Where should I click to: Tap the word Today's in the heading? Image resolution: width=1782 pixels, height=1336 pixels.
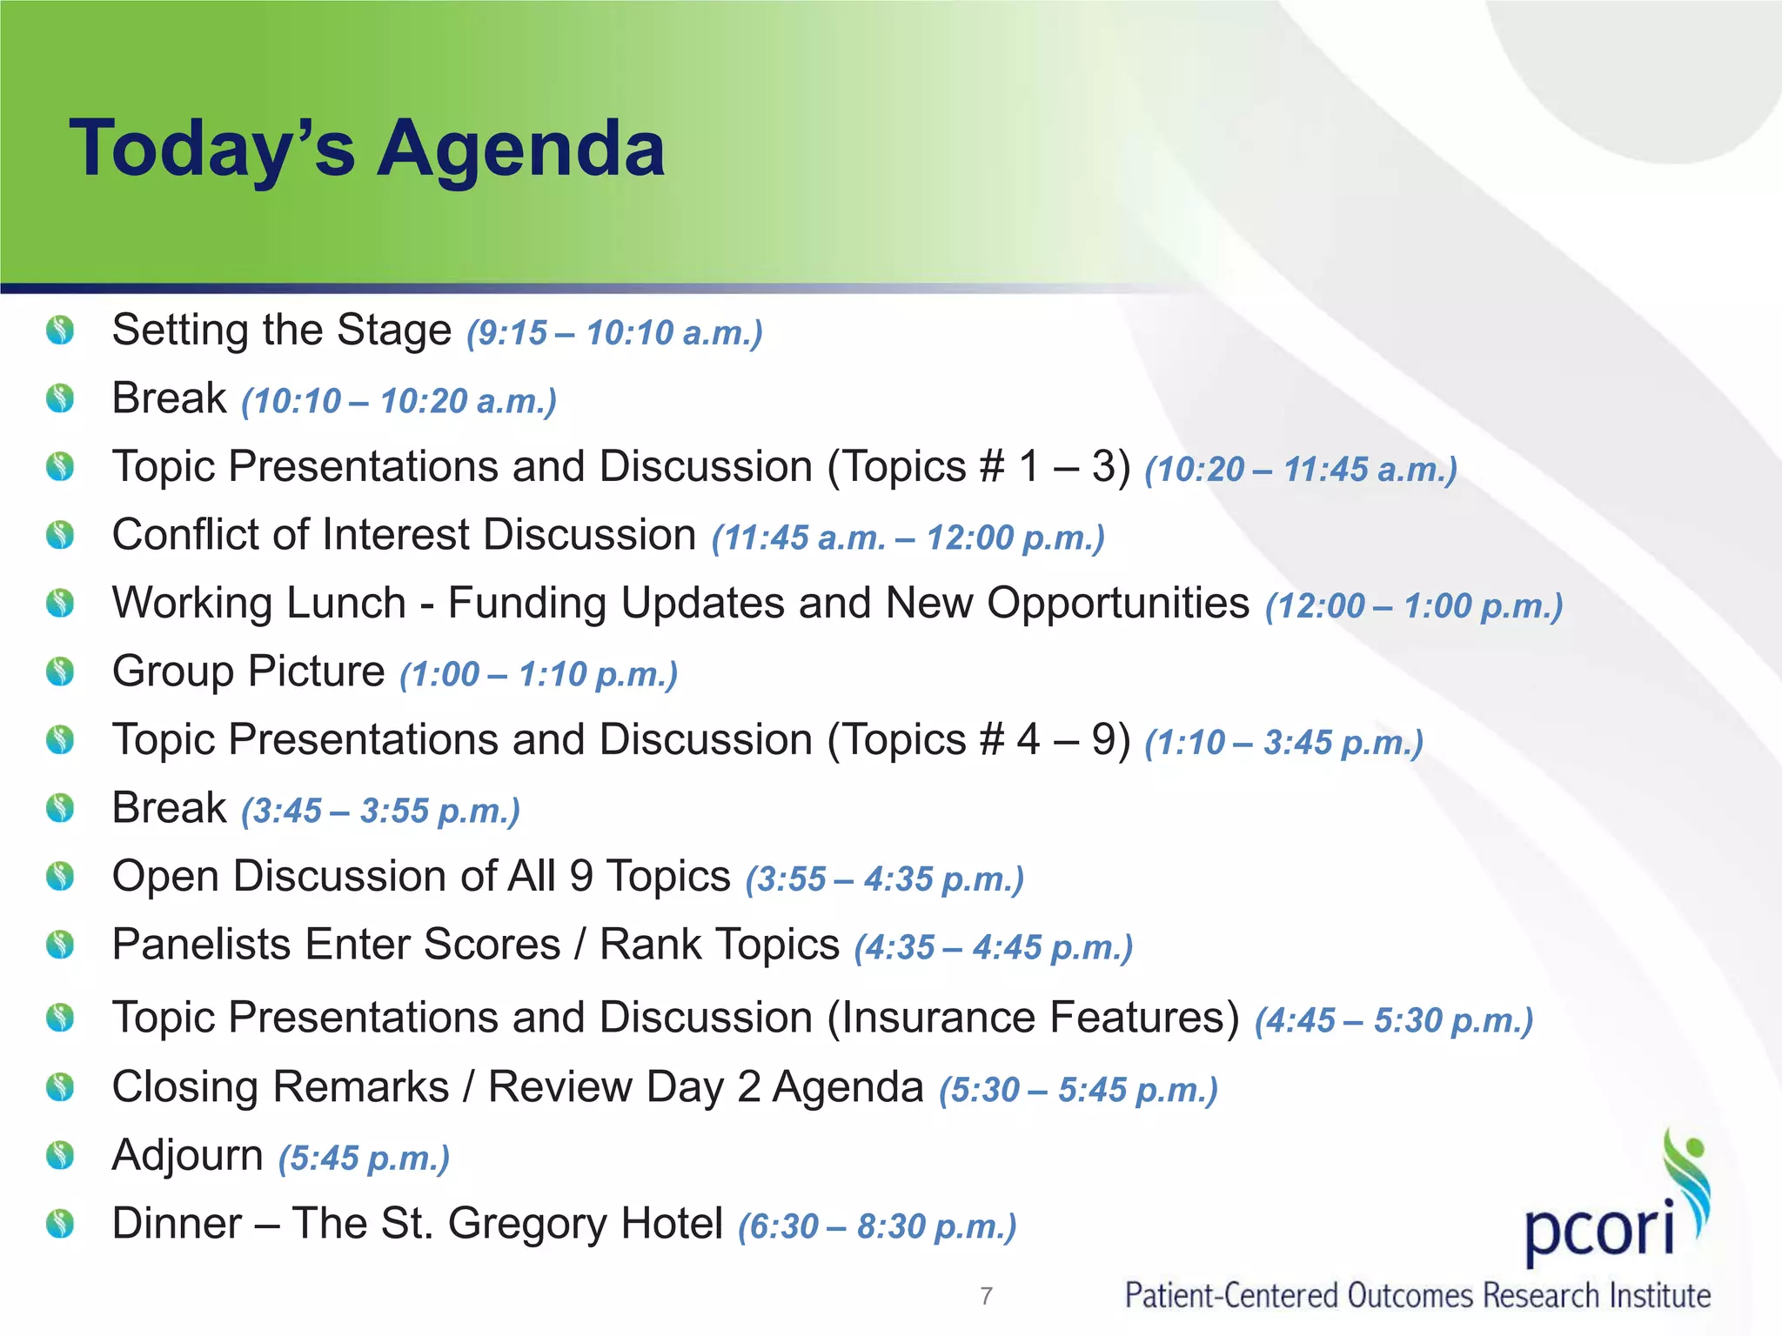(x=212, y=150)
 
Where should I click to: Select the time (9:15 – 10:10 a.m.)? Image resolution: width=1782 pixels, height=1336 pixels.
(x=614, y=333)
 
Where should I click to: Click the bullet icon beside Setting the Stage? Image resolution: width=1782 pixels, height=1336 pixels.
(x=60, y=331)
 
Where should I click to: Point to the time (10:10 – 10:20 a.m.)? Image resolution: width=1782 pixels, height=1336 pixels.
(x=399, y=402)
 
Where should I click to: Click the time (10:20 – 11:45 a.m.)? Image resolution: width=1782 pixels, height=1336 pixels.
(x=1301, y=470)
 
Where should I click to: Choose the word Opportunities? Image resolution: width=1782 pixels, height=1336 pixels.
(x=1118, y=604)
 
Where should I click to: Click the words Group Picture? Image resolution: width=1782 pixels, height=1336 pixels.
(x=249, y=671)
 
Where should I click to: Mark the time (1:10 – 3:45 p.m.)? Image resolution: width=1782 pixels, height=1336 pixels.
(x=1283, y=743)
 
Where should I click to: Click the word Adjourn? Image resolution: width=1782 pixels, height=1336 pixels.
(x=187, y=1156)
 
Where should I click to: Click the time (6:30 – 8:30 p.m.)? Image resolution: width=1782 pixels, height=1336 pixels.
(x=877, y=1227)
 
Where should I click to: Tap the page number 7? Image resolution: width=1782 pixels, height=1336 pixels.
(x=986, y=1296)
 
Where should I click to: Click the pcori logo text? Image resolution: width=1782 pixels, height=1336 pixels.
(x=1599, y=1228)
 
